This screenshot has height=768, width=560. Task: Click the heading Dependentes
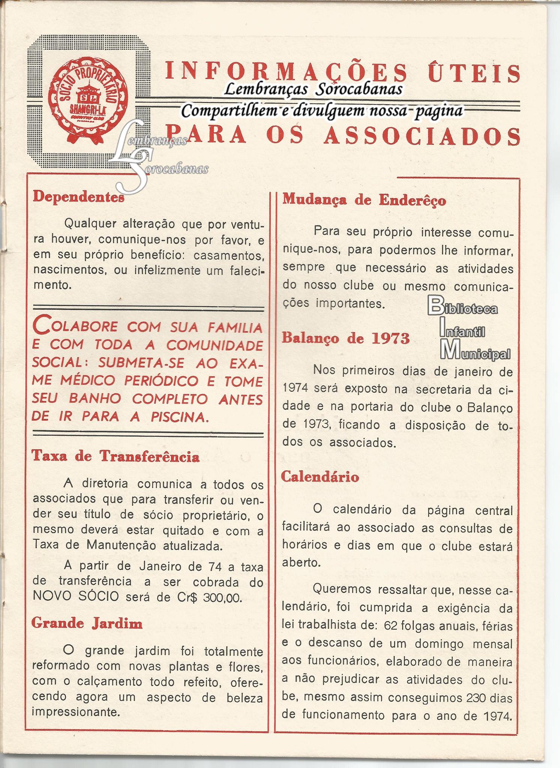pyautogui.click(x=78, y=197)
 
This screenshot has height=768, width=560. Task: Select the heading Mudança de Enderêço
pyautogui.click(x=364, y=200)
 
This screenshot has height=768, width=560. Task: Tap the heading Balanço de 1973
pyautogui.click(x=345, y=338)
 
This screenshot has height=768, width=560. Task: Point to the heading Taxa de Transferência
pyautogui.click(x=116, y=456)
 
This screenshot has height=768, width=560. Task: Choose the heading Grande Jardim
pyautogui.click(x=87, y=623)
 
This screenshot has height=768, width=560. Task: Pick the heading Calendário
pyautogui.click(x=320, y=477)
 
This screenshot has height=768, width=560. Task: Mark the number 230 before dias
pyautogui.click(x=478, y=697)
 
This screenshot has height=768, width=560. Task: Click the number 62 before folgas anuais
pyautogui.click(x=391, y=625)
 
